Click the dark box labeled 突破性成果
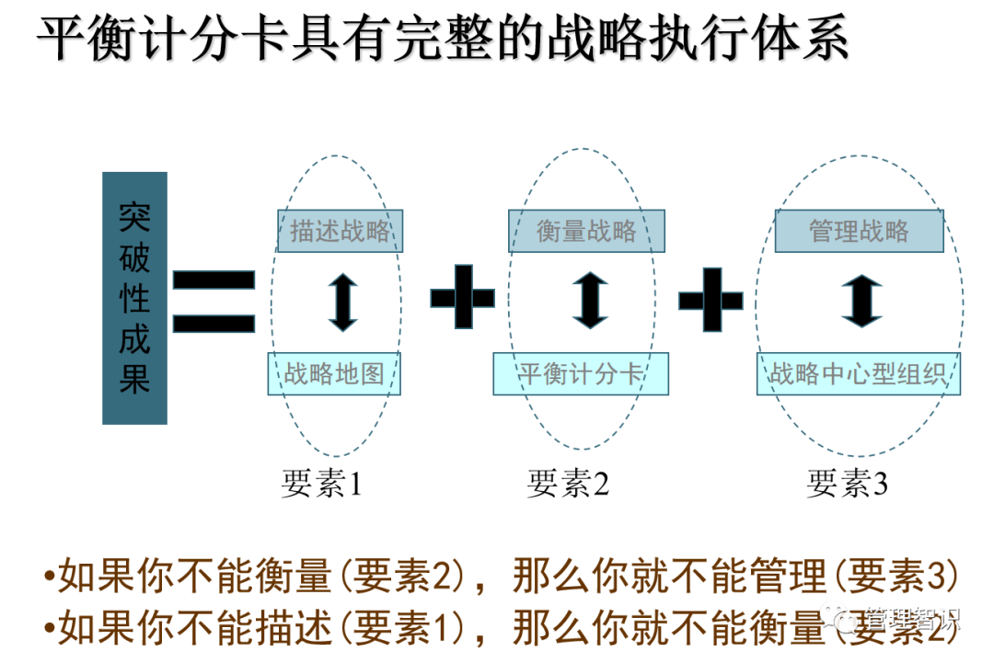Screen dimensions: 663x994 click(134, 298)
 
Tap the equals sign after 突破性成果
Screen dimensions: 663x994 click(214, 301)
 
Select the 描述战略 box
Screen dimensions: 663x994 click(340, 231)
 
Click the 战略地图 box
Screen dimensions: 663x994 click(333, 373)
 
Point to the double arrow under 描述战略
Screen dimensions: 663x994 click(342, 301)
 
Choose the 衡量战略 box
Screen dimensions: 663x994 click(586, 231)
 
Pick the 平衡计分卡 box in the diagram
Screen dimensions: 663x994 click(580, 373)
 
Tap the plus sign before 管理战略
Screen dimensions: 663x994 click(711, 300)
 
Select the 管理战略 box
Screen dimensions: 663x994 click(859, 231)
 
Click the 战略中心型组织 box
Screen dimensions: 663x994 click(858, 373)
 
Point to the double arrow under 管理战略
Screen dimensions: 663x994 click(861, 301)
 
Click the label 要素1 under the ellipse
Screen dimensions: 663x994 click(321, 484)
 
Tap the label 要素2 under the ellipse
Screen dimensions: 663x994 click(568, 484)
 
